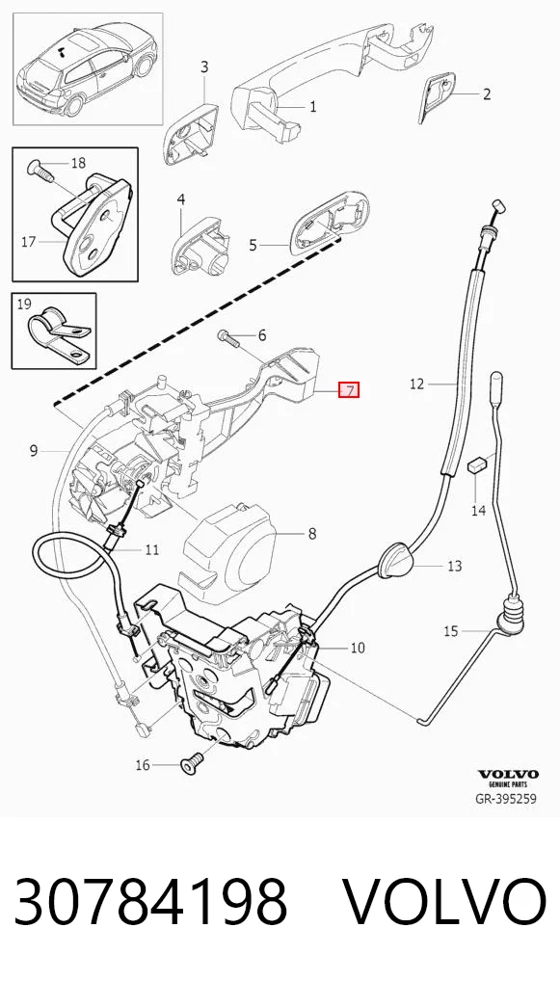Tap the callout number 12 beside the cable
pos(416,384)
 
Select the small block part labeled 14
pos(477,465)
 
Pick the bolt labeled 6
pos(228,338)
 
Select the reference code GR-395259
pos(506,798)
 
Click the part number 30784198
pos(150,901)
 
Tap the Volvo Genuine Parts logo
pos(508,778)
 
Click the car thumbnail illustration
pos(89,68)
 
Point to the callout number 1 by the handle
pos(313,107)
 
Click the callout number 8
pos(311,534)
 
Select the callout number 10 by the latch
pos(357,648)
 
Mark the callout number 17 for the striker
pos(29,241)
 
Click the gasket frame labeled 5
pos(330,225)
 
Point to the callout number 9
pos(35,450)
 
